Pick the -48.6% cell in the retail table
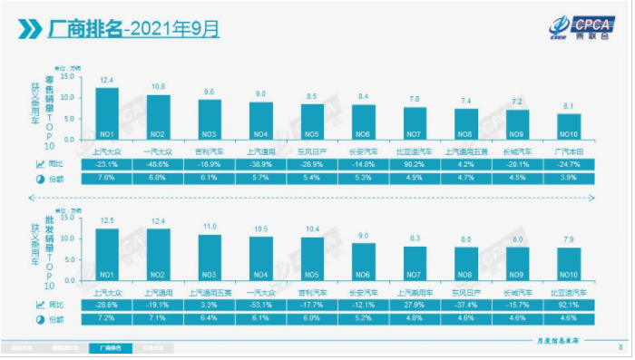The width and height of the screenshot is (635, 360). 158,163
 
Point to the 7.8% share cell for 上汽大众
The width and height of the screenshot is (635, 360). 107,178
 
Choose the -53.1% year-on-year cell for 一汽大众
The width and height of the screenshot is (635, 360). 261,306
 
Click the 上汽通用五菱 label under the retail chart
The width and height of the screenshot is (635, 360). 466,151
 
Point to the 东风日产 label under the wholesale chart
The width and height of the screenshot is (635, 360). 466,293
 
